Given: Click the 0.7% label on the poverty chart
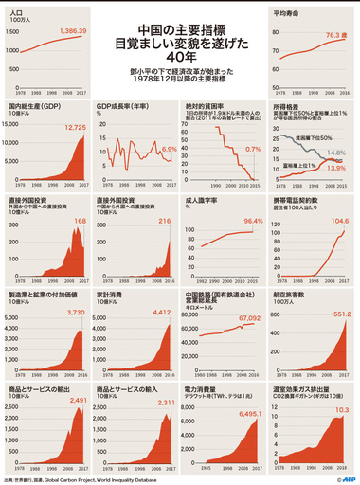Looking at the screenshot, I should (252, 150).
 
